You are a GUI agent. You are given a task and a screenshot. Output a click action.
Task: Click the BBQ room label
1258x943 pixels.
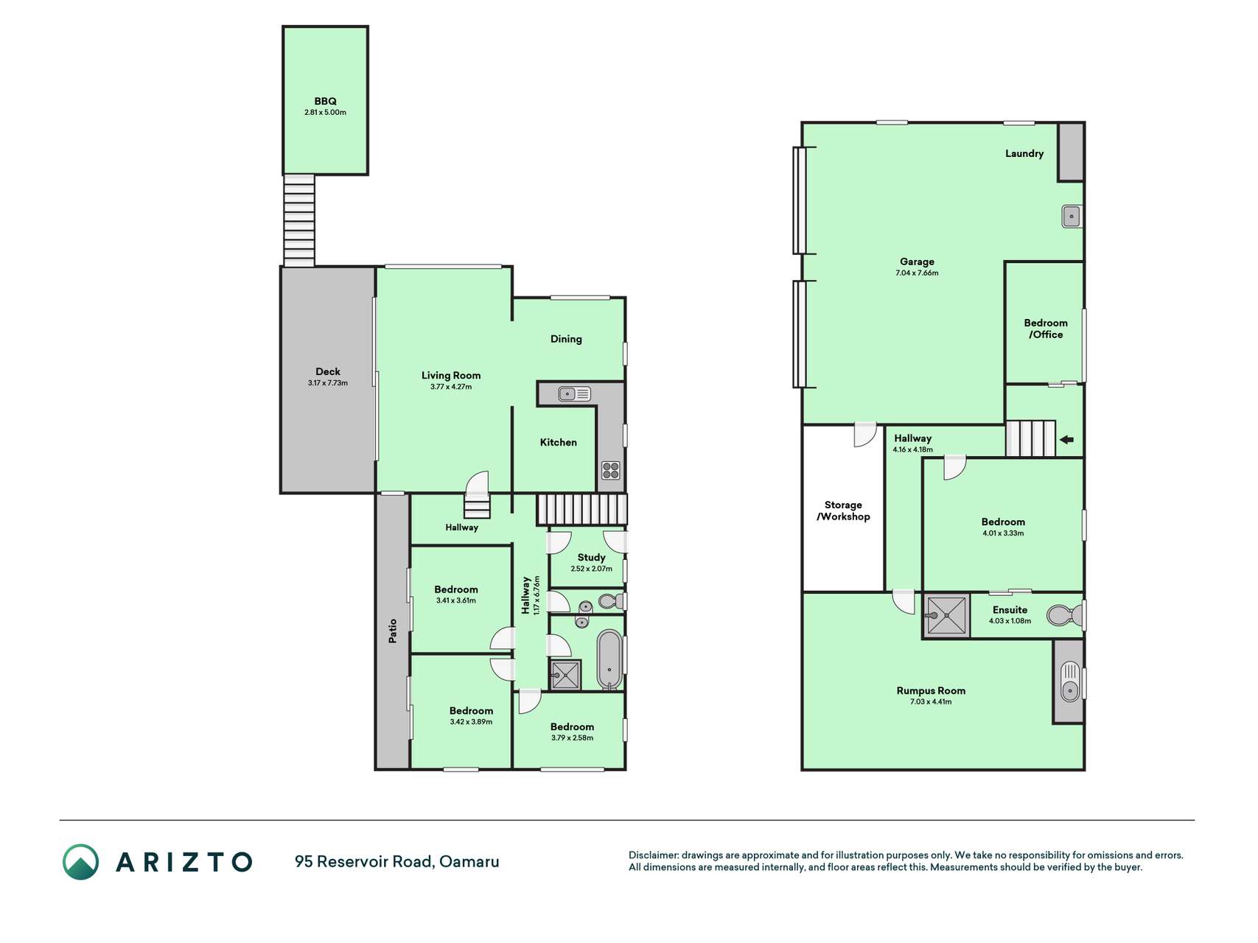[325, 102]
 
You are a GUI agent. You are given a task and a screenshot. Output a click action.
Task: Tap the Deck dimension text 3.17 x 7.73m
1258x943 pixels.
[328, 383]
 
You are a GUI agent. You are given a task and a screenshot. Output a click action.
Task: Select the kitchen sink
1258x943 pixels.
[575, 394]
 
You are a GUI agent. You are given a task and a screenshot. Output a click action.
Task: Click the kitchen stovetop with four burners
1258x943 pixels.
[610, 470]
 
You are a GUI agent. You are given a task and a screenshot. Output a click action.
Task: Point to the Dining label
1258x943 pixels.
[566, 339]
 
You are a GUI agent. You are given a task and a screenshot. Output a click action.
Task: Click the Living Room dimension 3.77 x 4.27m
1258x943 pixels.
[451, 387]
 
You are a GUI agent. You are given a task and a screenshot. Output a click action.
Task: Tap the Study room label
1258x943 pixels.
[591, 558]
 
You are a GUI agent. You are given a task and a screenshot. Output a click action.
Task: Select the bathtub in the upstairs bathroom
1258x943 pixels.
[609, 659]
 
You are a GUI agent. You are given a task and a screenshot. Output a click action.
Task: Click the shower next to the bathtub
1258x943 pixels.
[565, 675]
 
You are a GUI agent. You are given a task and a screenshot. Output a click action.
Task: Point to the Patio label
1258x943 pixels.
[393, 631]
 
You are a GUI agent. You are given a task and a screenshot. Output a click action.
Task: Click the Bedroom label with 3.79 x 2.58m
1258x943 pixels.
[572, 726]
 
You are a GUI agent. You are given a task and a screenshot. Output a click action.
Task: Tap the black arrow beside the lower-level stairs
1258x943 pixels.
[1066, 440]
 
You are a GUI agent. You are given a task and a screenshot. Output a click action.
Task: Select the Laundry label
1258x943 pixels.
[1024, 153]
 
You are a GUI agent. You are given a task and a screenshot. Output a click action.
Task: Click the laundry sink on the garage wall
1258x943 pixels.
[1072, 217]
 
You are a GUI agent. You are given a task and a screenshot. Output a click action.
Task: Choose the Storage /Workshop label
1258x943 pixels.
[843, 511]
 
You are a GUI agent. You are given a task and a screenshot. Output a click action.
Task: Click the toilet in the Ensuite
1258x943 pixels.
[1065, 615]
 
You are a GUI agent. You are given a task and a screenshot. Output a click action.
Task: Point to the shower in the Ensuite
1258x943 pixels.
[946, 615]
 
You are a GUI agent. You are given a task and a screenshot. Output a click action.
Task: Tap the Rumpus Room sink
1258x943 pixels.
[1069, 681]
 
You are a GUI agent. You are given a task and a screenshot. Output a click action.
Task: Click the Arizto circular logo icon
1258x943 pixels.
[80, 862]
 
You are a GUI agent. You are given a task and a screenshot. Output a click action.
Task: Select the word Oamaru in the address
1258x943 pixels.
[469, 861]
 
